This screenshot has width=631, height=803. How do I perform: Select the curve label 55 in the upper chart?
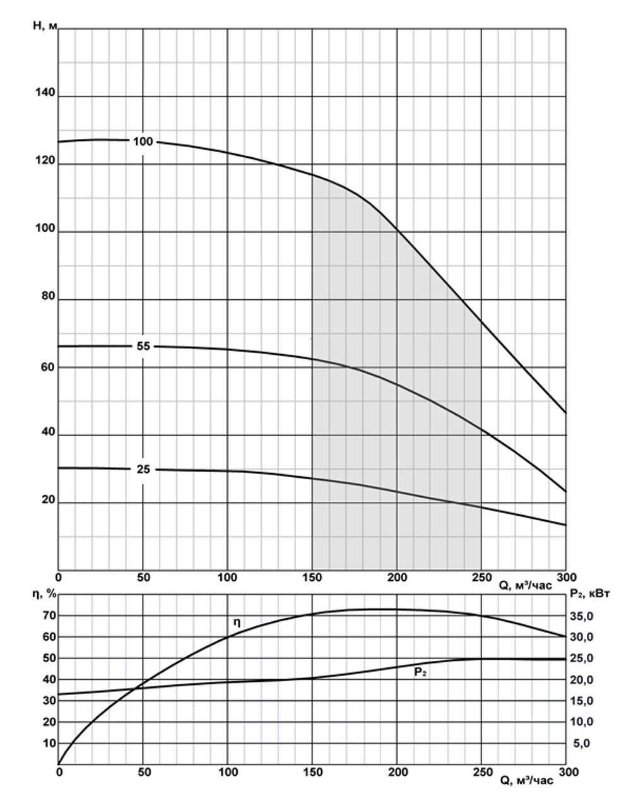pyautogui.click(x=143, y=346)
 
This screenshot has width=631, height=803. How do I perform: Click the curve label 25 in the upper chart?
pyautogui.click(x=143, y=469)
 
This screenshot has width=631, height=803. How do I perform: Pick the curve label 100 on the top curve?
pyautogui.click(x=143, y=141)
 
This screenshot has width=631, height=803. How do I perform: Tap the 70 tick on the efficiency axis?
pyautogui.click(x=49, y=616)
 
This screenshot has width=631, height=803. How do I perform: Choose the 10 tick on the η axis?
pyautogui.click(x=49, y=743)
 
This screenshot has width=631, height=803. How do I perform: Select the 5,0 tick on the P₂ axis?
pyautogui.click(x=582, y=744)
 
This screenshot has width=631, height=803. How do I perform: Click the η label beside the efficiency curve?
pyautogui.click(x=237, y=622)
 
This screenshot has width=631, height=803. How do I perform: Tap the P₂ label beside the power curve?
pyautogui.click(x=420, y=672)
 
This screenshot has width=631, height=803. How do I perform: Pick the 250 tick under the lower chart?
pyautogui.click(x=481, y=771)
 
